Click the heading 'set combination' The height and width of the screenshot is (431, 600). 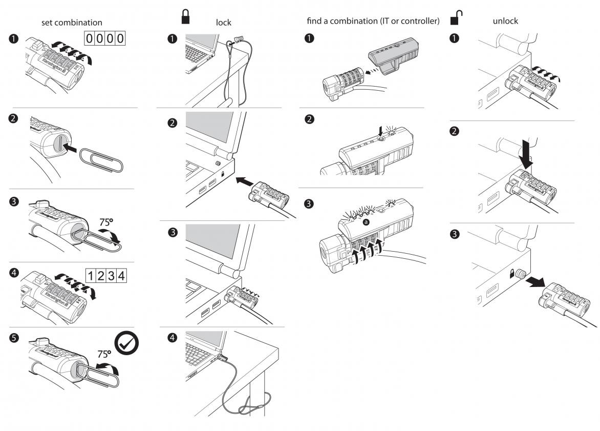tap(71, 23)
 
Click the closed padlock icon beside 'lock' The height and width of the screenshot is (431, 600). tap(185, 16)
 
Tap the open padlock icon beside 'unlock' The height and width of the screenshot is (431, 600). tap(456, 17)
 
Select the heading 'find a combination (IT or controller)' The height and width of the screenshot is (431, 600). tap(373, 21)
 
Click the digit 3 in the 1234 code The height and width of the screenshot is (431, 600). tap(111, 276)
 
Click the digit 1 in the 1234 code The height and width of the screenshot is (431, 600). tap(91, 276)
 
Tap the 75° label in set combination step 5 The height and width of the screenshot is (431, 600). tap(105, 354)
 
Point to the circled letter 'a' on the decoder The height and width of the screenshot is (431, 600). tap(366, 222)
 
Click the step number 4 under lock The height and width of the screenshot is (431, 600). tap(174, 338)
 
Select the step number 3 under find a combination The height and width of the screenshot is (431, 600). tap(309, 203)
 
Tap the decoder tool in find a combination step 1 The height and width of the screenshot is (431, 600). tap(394, 56)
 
